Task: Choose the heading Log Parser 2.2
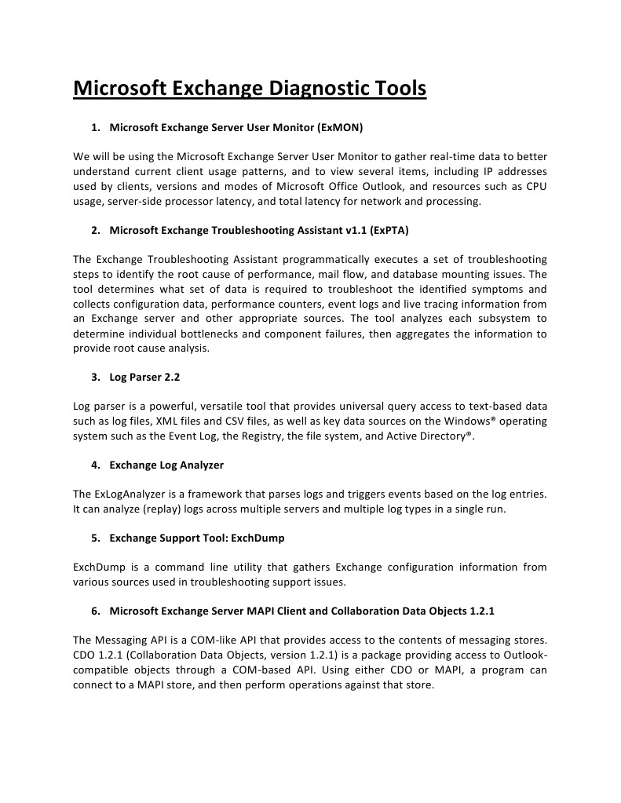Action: coord(144,377)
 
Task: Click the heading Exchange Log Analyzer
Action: coord(166,465)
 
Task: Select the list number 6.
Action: coord(95,611)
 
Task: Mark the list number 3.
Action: coord(95,377)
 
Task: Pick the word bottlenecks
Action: coord(222,334)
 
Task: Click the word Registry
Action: coord(232,436)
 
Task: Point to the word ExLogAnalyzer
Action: coord(128,495)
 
